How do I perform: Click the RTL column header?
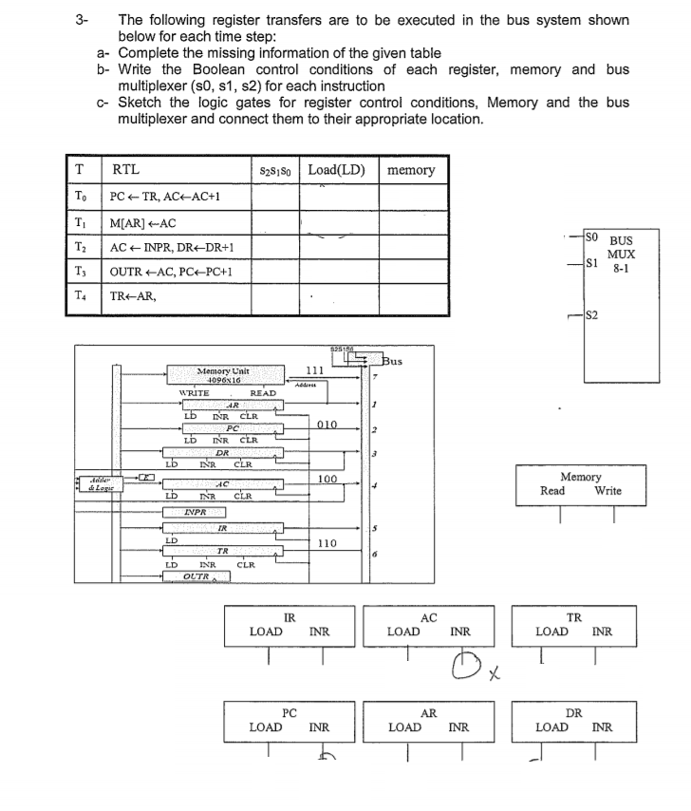point(125,170)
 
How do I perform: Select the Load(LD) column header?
point(337,170)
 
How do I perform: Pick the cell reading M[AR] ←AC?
point(143,223)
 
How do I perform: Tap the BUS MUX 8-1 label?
point(621,255)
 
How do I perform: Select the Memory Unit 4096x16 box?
point(224,374)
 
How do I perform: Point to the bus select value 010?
point(327,424)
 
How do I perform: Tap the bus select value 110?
point(327,544)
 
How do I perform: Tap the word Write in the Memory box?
point(607,491)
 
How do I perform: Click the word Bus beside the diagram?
point(393,360)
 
